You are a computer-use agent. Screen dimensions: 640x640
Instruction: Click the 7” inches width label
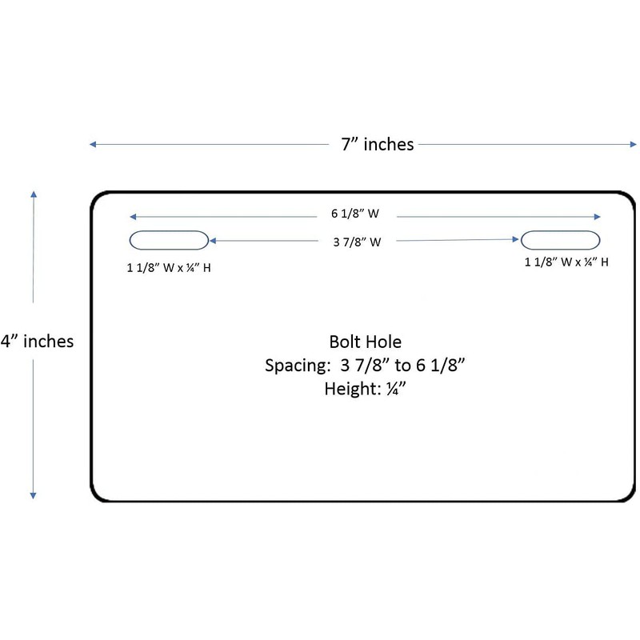point(378,144)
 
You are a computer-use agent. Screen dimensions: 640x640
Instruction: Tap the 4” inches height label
point(37,342)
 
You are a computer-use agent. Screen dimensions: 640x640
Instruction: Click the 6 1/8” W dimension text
point(355,214)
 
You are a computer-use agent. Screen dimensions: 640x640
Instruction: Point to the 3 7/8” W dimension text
point(357,242)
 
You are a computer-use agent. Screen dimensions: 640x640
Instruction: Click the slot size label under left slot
point(169,268)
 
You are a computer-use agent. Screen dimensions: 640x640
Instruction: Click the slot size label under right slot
point(566,262)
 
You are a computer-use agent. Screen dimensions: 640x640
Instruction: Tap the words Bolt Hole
point(366,342)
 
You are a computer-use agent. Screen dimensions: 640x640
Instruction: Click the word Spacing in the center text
point(298,366)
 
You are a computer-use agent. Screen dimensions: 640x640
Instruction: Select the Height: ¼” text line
point(366,388)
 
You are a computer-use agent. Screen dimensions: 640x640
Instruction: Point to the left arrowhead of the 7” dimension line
point(93,144)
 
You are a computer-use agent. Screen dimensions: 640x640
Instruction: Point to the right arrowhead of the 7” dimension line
point(633,144)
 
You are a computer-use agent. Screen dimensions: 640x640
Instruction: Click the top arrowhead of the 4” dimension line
point(34,194)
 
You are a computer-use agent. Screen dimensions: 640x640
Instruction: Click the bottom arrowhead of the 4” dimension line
point(33,495)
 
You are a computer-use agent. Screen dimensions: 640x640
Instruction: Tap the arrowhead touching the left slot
point(212,241)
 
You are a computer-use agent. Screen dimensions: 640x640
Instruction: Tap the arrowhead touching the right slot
point(515,239)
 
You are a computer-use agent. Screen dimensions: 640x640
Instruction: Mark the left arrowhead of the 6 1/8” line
point(133,217)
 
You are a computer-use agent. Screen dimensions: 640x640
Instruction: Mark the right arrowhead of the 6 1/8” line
point(597,217)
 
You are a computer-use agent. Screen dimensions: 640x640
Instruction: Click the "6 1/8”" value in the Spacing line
point(441,366)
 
